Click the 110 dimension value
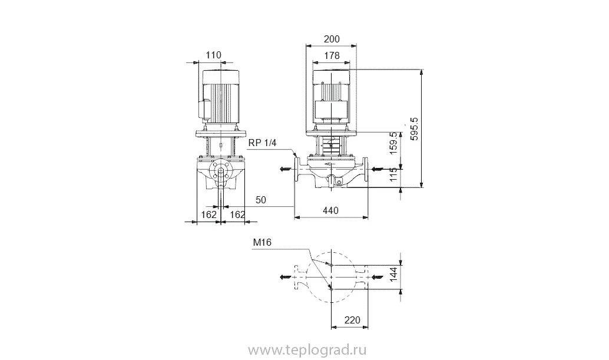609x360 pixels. (x=213, y=55)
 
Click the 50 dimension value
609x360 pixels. (x=260, y=200)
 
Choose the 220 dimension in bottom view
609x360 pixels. (x=352, y=321)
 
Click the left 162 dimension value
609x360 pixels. (x=209, y=215)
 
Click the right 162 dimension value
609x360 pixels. (x=237, y=215)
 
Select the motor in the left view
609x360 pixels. (x=220, y=97)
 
